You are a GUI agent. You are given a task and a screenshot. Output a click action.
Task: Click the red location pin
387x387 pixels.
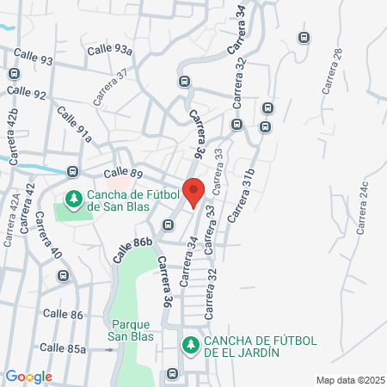tap(193, 191)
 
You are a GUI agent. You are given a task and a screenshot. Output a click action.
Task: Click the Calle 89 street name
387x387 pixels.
tap(122, 173)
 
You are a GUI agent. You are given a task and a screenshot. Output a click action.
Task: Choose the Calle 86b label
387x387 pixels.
tap(132, 250)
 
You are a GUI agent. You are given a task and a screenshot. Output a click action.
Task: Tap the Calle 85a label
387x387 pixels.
tap(64, 348)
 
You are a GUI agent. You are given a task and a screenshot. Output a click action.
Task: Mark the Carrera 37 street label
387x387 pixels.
tap(110, 87)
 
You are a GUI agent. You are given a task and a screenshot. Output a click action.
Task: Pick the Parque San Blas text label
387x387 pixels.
tap(132, 330)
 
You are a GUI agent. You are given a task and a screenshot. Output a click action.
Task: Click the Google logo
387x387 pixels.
tap(28, 377)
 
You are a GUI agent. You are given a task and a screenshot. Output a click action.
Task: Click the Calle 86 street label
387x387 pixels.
tap(64, 316)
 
